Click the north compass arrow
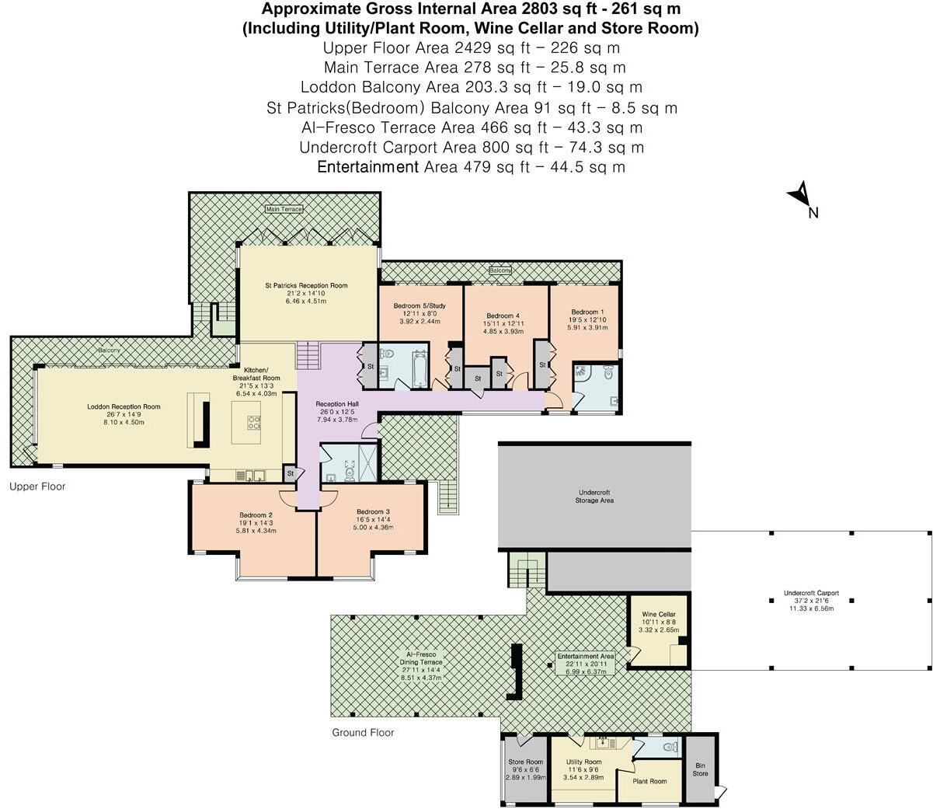click(x=799, y=194)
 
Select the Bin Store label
click(x=700, y=769)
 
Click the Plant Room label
click(x=649, y=781)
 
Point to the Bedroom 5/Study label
click(x=420, y=305)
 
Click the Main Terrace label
click(x=284, y=209)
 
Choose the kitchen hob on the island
click(x=255, y=422)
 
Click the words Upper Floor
click(x=37, y=486)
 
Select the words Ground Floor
click(x=363, y=732)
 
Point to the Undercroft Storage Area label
click(x=595, y=497)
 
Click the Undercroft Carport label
click(x=811, y=593)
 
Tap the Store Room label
click(x=525, y=762)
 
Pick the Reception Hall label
click(x=336, y=404)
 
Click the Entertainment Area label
click(x=586, y=656)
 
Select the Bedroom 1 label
click(x=584, y=312)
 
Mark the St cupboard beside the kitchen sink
click(x=290, y=472)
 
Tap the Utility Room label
click(x=583, y=762)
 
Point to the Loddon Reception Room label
click(x=124, y=406)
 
